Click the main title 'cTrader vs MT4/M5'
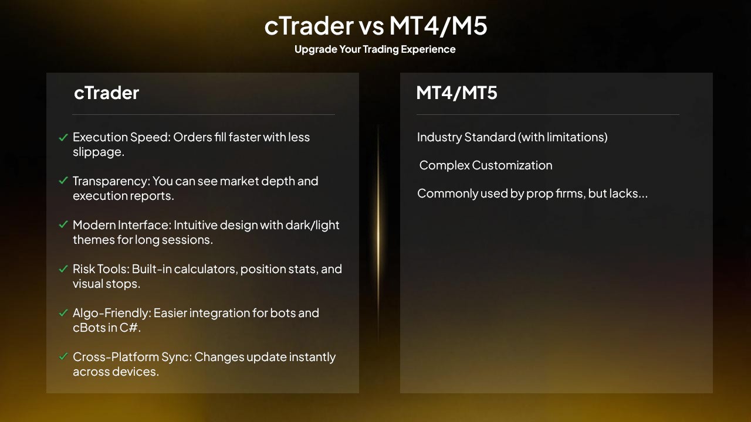tap(375, 26)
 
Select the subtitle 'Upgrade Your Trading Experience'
tap(375, 49)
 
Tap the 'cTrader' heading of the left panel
tap(106, 93)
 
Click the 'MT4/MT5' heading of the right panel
tap(456, 93)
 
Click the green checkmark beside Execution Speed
tap(63, 138)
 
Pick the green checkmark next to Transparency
tap(63, 181)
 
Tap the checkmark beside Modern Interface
tap(63, 225)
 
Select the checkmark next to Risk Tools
tap(63, 269)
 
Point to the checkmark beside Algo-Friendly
tap(63, 313)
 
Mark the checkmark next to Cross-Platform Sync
tap(63, 357)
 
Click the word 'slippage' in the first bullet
tap(98, 152)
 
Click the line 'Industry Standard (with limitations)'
tap(512, 137)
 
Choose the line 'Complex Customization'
tap(486, 165)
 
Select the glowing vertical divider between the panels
tap(378, 234)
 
